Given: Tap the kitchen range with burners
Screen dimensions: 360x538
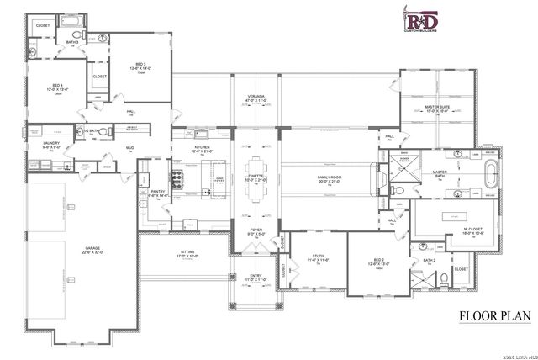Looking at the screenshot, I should [177, 177].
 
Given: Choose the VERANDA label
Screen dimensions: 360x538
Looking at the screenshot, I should [256, 97].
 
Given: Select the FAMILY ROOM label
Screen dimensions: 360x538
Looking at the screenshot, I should [329, 177].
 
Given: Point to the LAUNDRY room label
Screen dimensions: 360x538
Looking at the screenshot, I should [40, 144].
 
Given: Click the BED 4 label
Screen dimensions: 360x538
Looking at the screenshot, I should [58, 86].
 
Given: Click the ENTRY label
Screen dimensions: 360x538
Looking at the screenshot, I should [255, 275].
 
